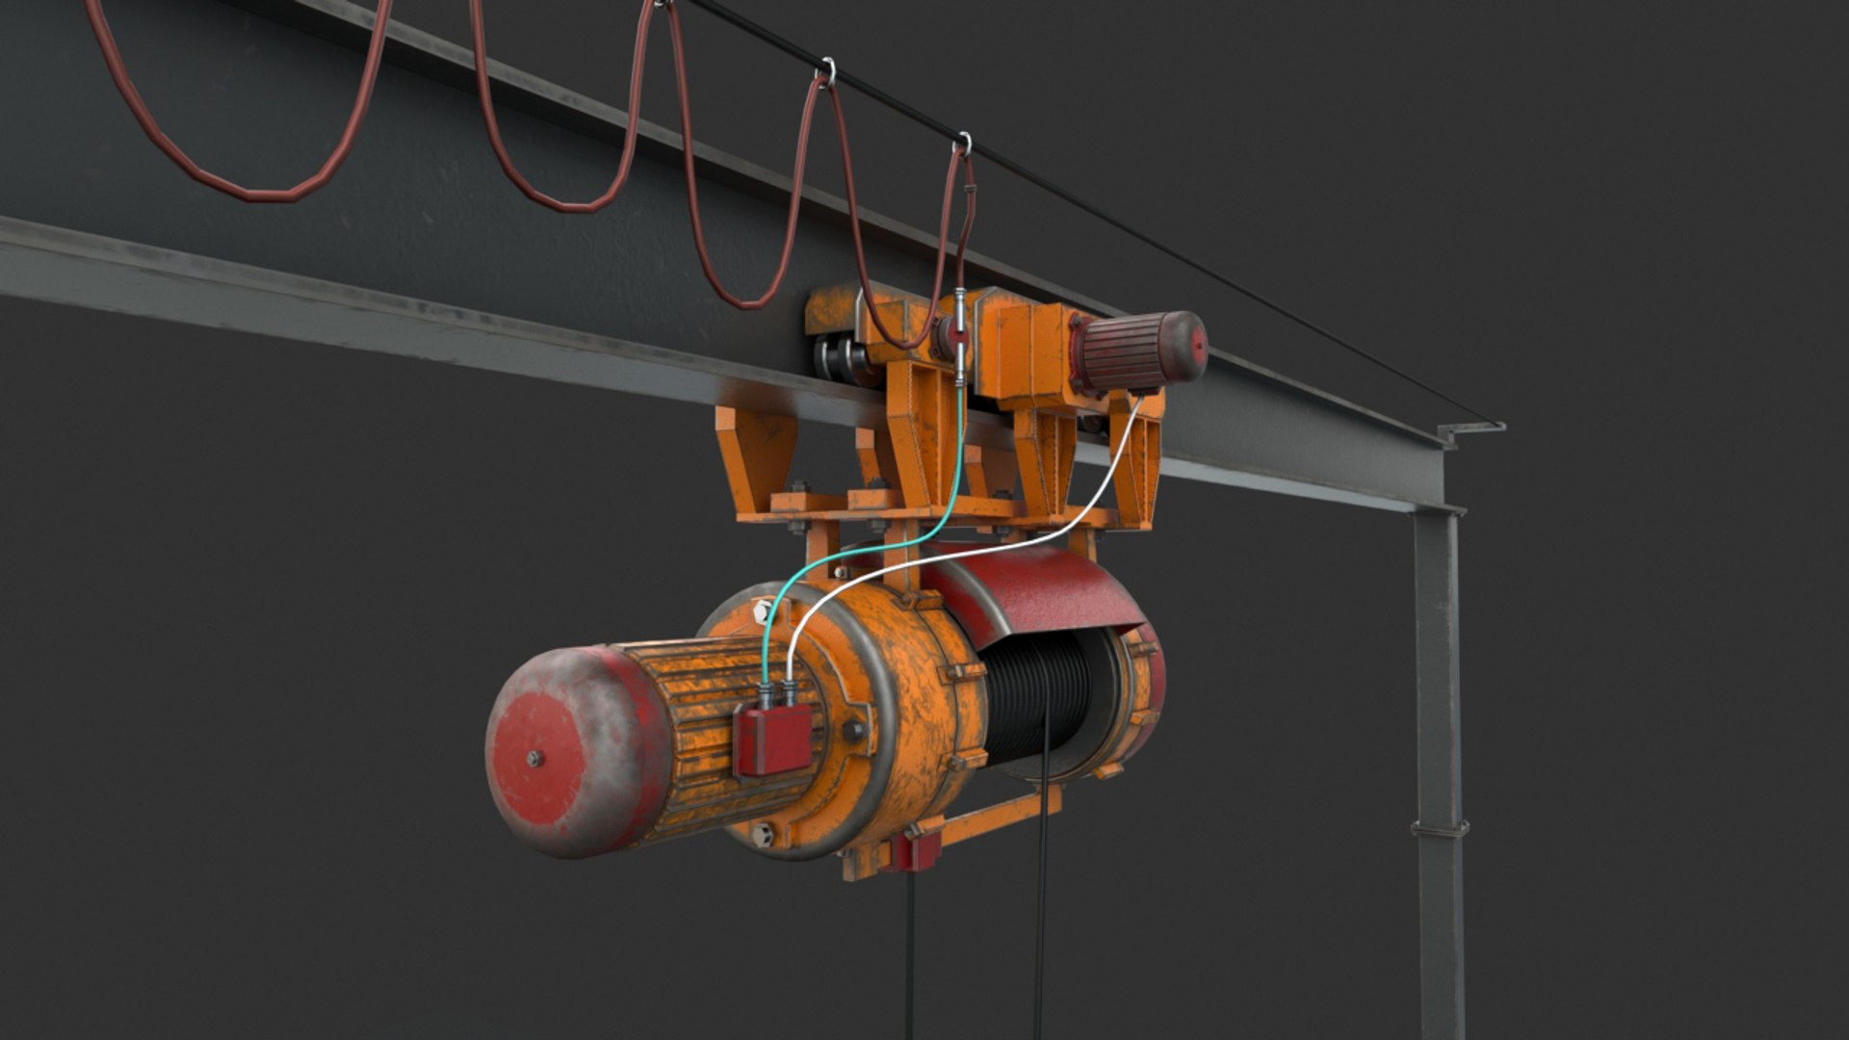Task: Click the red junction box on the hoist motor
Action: click(772, 740)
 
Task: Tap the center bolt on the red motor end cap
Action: click(534, 759)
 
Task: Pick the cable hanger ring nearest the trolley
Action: click(962, 144)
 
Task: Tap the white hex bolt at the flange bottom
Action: click(766, 835)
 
